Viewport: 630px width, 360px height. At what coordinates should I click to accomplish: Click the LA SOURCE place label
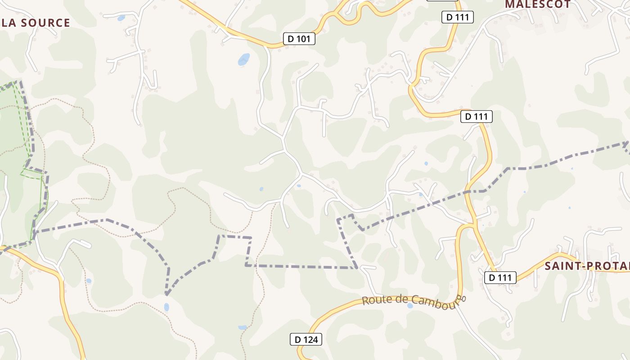click(x=35, y=23)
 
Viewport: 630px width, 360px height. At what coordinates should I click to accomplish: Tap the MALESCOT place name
click(x=538, y=4)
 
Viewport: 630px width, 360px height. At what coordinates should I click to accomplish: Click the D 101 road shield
click(x=299, y=39)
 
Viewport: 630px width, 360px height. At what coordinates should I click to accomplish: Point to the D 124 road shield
click(x=306, y=339)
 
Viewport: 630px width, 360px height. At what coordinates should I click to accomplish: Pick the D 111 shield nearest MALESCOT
click(x=458, y=18)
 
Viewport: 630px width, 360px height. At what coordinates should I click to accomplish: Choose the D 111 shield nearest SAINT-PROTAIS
click(x=500, y=278)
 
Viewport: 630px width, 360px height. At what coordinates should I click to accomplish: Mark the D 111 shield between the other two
click(x=477, y=117)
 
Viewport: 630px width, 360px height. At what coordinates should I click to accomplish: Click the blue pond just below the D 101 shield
click(x=243, y=59)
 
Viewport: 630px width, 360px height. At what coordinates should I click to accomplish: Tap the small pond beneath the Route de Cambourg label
click(x=410, y=306)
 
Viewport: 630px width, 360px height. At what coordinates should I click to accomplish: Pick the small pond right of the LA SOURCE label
click(x=121, y=18)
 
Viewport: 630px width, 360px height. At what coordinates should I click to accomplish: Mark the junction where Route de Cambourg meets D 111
click(x=474, y=225)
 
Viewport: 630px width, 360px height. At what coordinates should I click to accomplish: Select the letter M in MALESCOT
click(x=509, y=4)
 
